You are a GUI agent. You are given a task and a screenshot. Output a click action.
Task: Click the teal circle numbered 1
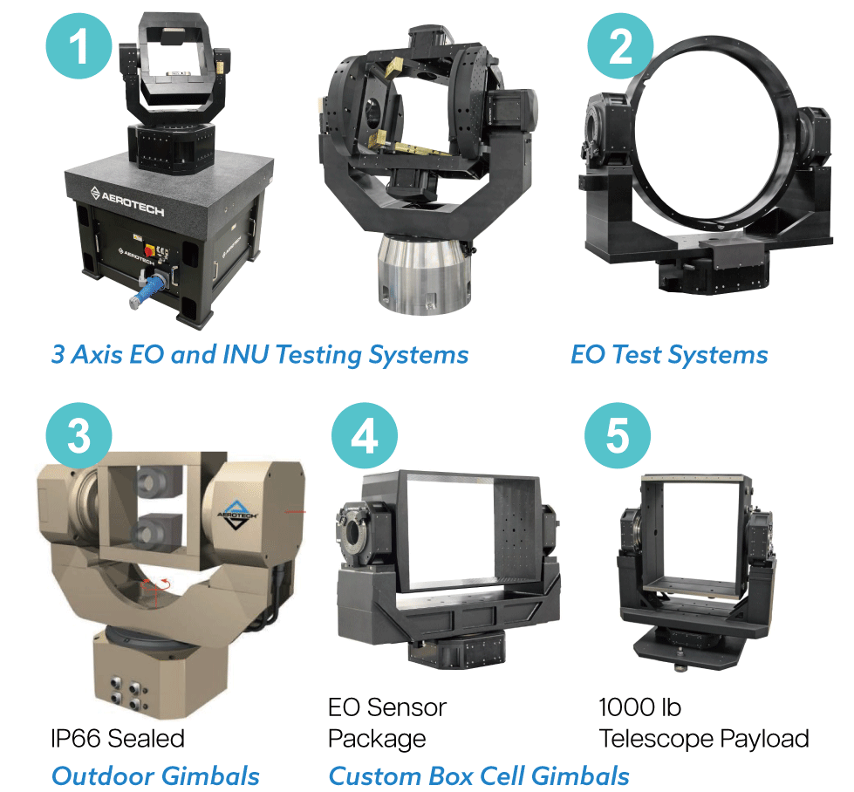pos(79,46)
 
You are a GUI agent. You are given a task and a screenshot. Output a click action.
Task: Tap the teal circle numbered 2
pos(620,46)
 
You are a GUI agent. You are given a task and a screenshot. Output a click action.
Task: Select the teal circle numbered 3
pos(79,435)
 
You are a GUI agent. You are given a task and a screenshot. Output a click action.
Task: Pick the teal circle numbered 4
pos(365,435)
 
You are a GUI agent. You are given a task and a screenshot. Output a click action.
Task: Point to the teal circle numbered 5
pos(618,435)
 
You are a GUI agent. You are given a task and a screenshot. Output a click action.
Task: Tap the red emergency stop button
pos(148,250)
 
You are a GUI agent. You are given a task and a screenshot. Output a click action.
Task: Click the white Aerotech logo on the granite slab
pos(126,201)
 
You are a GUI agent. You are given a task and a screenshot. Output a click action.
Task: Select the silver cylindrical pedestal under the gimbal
pos(424,273)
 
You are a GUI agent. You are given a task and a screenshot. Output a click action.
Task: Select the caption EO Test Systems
pos(669,355)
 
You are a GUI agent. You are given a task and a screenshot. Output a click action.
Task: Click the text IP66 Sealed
pos(118,739)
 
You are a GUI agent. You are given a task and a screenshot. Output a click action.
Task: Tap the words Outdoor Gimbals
pos(155,776)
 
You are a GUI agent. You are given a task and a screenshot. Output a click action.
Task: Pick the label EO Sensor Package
pos(387,723)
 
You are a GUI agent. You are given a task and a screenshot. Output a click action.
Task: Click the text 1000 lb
pos(640,707)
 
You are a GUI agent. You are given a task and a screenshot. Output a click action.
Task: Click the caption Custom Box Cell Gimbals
pos(479,776)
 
